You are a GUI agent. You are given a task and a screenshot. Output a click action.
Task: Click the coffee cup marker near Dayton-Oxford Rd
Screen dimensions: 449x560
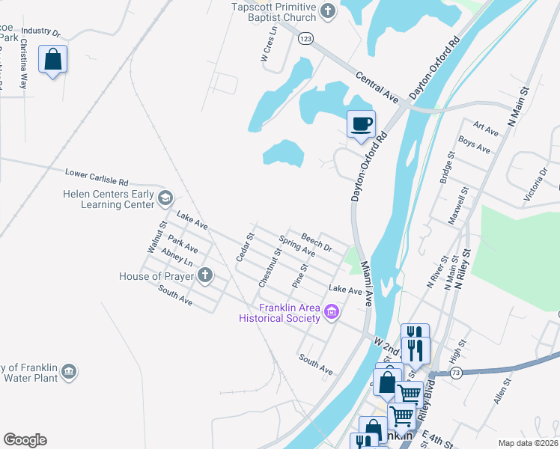point(362,123)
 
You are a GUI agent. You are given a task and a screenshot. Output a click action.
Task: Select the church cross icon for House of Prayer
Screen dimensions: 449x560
point(204,276)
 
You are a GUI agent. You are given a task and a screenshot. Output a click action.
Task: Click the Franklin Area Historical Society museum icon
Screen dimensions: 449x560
point(332,310)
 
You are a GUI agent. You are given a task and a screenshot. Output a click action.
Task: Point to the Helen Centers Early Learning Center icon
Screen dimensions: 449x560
point(165,198)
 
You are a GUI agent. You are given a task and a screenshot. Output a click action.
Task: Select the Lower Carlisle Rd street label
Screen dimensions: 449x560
point(97,177)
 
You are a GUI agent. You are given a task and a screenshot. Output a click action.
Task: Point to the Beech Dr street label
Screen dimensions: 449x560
point(316,242)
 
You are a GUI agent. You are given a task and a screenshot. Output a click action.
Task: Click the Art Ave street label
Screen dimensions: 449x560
point(487,130)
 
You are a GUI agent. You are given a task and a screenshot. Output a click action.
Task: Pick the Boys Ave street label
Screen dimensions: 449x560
point(474,144)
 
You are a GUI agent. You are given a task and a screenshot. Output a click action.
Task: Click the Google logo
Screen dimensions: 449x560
point(25,440)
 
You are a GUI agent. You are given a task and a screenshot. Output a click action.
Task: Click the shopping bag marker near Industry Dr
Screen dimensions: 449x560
point(53,59)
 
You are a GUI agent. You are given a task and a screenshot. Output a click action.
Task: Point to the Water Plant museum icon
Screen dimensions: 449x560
point(69,370)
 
